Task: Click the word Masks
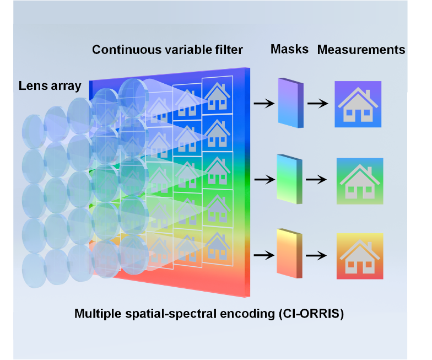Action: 289,50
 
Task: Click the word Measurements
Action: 361,50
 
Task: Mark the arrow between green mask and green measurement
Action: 318,180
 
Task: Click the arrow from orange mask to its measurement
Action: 318,255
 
